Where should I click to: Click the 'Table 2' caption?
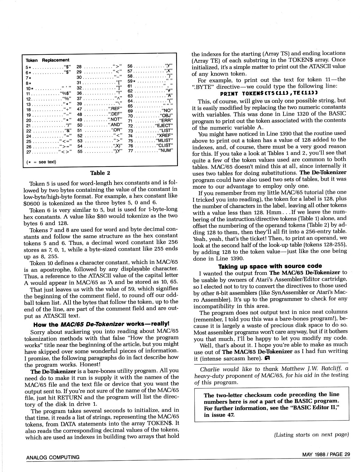100,173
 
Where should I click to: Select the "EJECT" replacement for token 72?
164,126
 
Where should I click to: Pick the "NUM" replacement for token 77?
166,151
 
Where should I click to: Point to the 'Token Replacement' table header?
47,60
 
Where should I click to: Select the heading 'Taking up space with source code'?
270,266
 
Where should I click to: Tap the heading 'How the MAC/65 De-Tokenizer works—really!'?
101,324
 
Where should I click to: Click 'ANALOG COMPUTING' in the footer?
53,457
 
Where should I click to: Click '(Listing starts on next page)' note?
311,435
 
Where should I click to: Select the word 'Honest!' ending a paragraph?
90,364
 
